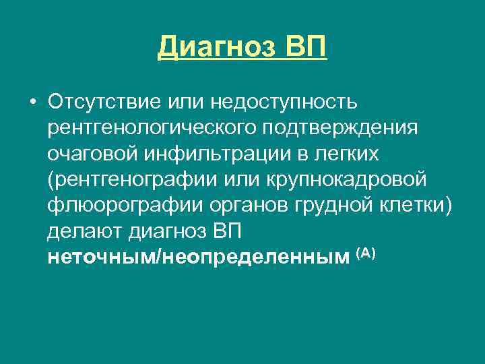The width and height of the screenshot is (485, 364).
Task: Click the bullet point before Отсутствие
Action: pyautogui.click(x=32, y=102)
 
